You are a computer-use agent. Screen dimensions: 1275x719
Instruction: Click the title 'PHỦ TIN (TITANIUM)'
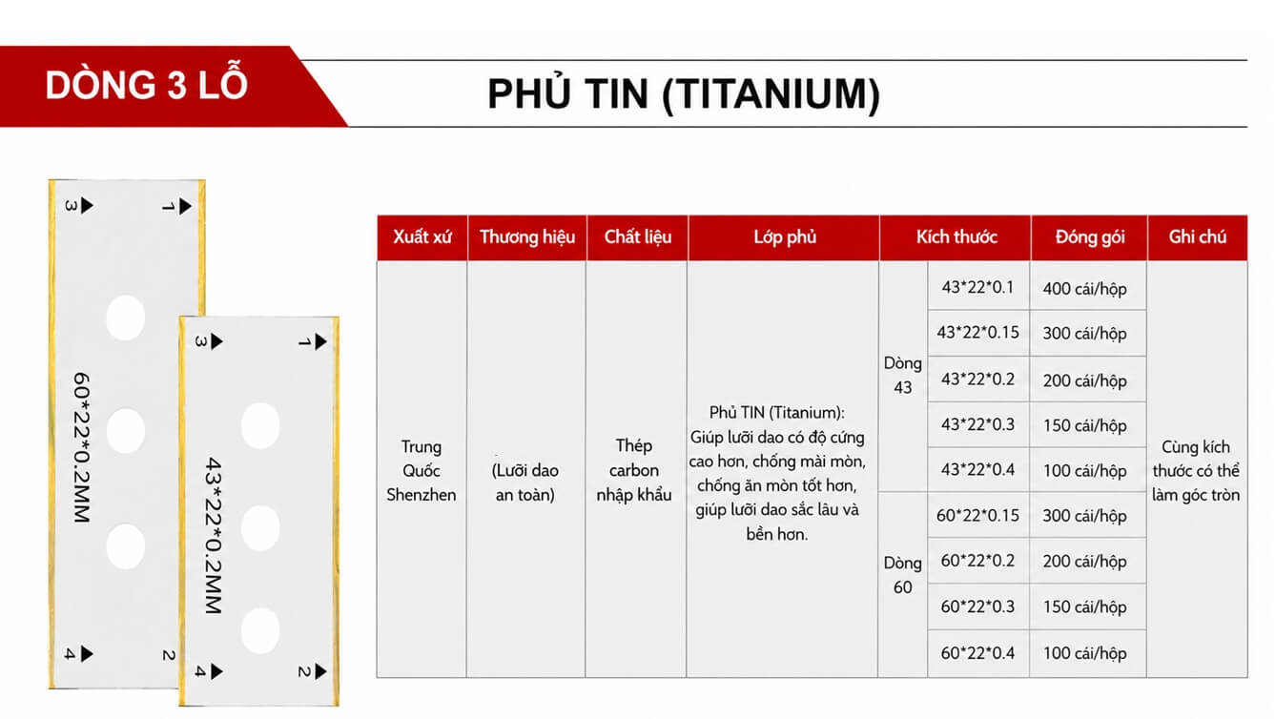tap(684, 94)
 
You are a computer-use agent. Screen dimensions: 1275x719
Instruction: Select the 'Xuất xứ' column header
tap(422, 236)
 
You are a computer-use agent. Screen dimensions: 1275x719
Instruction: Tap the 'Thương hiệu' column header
tap(527, 236)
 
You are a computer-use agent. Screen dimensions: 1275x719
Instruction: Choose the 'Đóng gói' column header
tap(1089, 236)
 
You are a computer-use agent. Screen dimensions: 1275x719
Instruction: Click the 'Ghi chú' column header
tap(1198, 236)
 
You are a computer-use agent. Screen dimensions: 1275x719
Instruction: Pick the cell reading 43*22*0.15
tap(977, 333)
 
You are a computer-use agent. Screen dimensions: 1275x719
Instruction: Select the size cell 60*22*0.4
tap(977, 653)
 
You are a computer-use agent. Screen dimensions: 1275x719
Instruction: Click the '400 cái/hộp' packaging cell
tap(1084, 289)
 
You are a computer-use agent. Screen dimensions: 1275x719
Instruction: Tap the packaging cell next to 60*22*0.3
tap(1084, 606)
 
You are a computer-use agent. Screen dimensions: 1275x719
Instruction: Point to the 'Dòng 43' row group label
tap(903, 375)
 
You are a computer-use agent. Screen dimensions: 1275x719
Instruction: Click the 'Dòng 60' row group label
tap(903, 575)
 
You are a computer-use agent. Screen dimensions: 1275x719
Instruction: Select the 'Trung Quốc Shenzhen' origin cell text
tap(422, 471)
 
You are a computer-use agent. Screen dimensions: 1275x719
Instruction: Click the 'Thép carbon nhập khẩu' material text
tap(634, 470)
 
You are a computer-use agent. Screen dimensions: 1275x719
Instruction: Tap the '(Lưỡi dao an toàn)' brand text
tap(524, 483)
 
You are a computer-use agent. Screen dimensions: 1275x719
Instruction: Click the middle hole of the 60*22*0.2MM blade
tap(125, 431)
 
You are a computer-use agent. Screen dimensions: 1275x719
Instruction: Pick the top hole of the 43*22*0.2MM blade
tap(260, 426)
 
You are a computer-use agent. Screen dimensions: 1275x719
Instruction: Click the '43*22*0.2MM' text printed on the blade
tap(213, 535)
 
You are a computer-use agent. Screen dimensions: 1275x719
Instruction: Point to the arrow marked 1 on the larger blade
tap(185, 206)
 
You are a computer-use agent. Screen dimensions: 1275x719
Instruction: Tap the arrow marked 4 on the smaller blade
tap(216, 671)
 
